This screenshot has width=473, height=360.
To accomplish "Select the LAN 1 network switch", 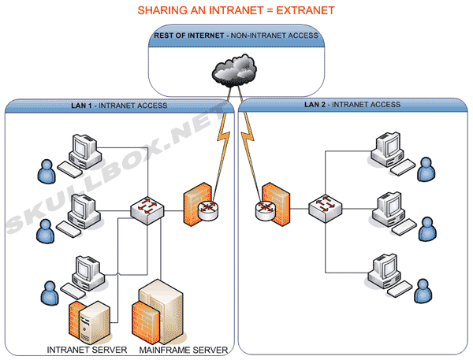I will pyautogui.click(x=147, y=208).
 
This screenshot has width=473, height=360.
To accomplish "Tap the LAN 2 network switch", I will pyautogui.click(x=323, y=208).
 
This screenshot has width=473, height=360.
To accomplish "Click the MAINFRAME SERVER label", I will pyautogui.click(x=184, y=350).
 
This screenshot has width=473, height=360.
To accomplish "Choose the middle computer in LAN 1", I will pyautogui.click(x=81, y=210).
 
